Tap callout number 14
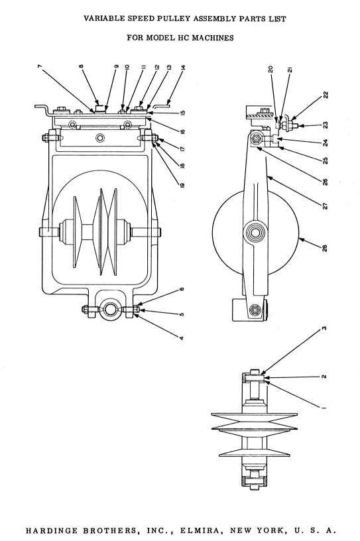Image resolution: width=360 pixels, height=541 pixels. click(183, 67)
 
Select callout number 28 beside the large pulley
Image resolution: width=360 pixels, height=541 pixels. click(324, 248)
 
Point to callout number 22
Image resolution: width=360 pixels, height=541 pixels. click(326, 95)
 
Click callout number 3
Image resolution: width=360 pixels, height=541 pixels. click(324, 328)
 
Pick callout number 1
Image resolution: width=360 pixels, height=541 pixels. click(324, 408)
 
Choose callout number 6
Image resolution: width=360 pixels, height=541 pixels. click(182, 289)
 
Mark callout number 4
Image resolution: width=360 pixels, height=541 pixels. click(182, 338)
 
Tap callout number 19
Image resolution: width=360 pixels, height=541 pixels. click(182, 184)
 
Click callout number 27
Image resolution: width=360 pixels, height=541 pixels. click(325, 206)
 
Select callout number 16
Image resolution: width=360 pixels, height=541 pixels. click(182, 131)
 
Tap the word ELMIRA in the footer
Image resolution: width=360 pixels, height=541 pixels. click(199, 530)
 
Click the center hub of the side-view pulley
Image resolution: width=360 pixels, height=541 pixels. click(255, 233)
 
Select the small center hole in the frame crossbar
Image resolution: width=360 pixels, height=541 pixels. click(100, 139)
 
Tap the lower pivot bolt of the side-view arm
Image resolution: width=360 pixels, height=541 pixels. click(255, 310)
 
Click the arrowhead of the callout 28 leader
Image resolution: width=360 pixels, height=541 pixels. click(300, 239)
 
